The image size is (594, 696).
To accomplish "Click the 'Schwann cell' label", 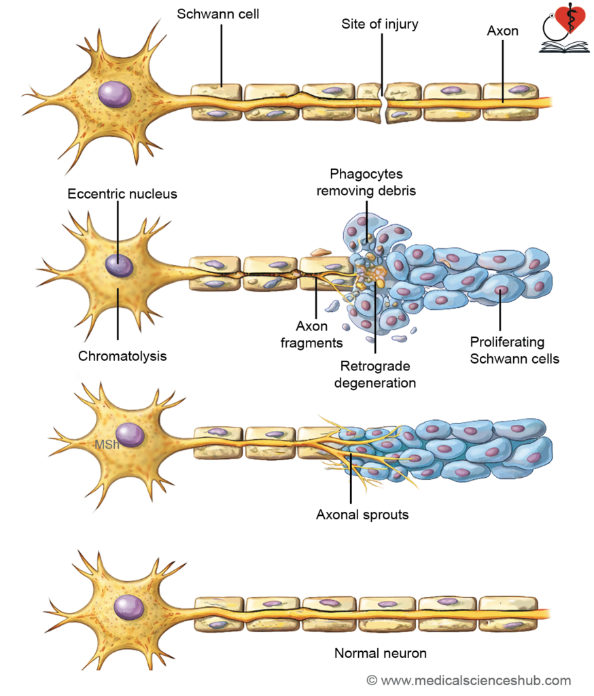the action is pyautogui.click(x=217, y=14).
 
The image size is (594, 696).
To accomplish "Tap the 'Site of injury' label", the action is pyautogui.click(x=379, y=24).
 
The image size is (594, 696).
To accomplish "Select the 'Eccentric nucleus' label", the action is pyautogui.click(x=122, y=194).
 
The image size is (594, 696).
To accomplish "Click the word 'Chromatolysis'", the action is pyautogui.click(x=122, y=356).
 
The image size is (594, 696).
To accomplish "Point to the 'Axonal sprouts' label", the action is pyautogui.click(x=362, y=515).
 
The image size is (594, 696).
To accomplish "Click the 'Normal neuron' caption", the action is pyautogui.click(x=381, y=653).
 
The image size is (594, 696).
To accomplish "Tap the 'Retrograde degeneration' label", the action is pyautogui.click(x=375, y=375).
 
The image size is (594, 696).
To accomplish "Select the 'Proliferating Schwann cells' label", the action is pyautogui.click(x=514, y=350).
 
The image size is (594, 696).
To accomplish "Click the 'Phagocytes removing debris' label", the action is pyautogui.click(x=366, y=182).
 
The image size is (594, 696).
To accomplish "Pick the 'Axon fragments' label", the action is pyautogui.click(x=312, y=334).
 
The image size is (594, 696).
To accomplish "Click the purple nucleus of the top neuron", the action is pyautogui.click(x=115, y=94).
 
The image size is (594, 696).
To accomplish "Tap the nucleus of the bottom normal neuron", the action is pyautogui.click(x=128, y=607).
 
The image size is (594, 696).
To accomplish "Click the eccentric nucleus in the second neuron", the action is pyautogui.click(x=119, y=266).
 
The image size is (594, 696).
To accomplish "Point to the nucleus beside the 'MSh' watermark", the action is pyautogui.click(x=130, y=434).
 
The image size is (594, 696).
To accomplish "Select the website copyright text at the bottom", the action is pyautogui.click(x=469, y=680).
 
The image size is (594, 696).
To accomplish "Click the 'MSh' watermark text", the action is pyautogui.click(x=107, y=445).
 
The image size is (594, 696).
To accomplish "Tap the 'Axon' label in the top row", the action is pyautogui.click(x=502, y=31).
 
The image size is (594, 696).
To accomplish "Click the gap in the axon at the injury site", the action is pyautogui.click(x=383, y=103).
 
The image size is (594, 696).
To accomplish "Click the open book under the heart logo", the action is pyautogui.click(x=564, y=47).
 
